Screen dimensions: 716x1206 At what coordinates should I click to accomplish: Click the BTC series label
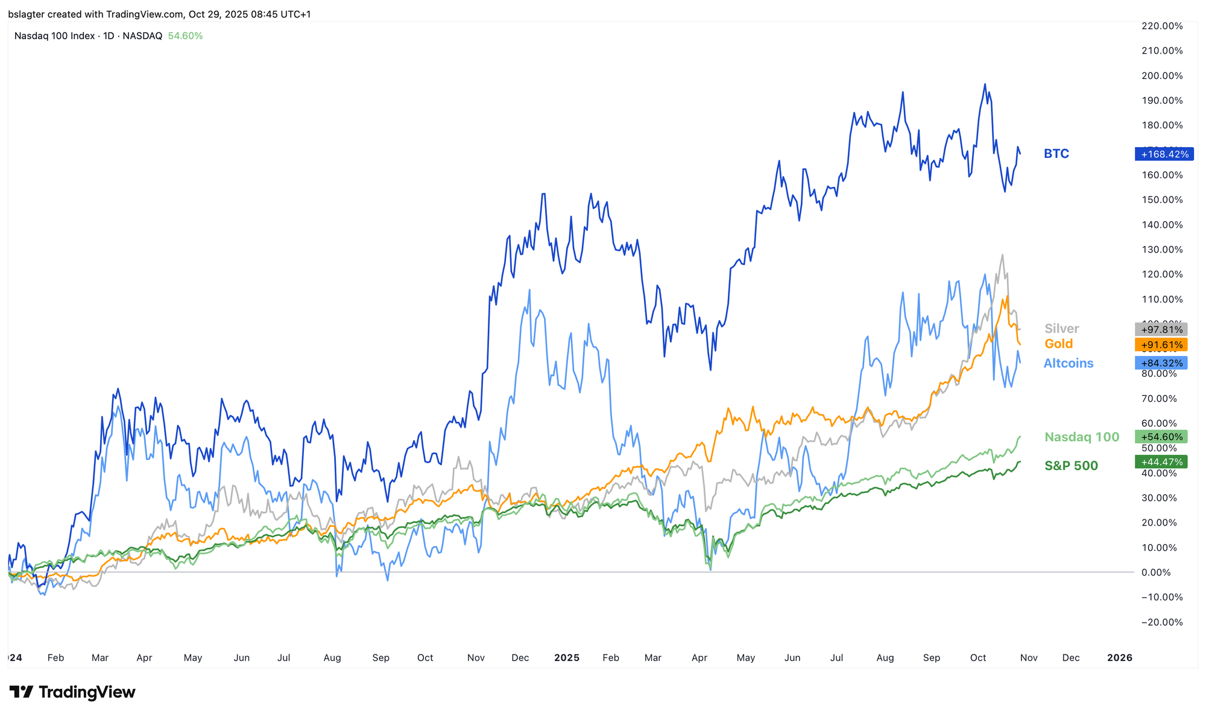click(1056, 154)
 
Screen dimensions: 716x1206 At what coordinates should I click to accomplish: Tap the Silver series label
click(1062, 328)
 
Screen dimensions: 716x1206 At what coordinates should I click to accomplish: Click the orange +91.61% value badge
click(1161, 345)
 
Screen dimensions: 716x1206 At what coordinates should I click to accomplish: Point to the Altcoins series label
click(1069, 363)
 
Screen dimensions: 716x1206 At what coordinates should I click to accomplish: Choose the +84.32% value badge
click(1161, 363)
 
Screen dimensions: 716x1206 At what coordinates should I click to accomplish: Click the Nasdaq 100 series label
click(1082, 437)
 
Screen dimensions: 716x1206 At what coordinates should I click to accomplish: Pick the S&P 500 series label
click(1072, 465)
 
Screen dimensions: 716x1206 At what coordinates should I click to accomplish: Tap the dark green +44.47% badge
click(1161, 462)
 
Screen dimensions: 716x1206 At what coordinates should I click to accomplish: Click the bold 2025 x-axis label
click(567, 658)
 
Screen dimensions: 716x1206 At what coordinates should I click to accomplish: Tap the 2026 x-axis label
click(1120, 658)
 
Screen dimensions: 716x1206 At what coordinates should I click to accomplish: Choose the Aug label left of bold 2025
click(332, 658)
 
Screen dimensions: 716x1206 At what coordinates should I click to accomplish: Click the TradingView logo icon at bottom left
click(21, 692)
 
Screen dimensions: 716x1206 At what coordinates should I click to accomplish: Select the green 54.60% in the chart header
click(185, 36)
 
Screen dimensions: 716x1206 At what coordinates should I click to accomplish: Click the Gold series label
click(1059, 344)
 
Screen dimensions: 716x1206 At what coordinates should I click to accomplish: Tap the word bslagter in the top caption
click(26, 14)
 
